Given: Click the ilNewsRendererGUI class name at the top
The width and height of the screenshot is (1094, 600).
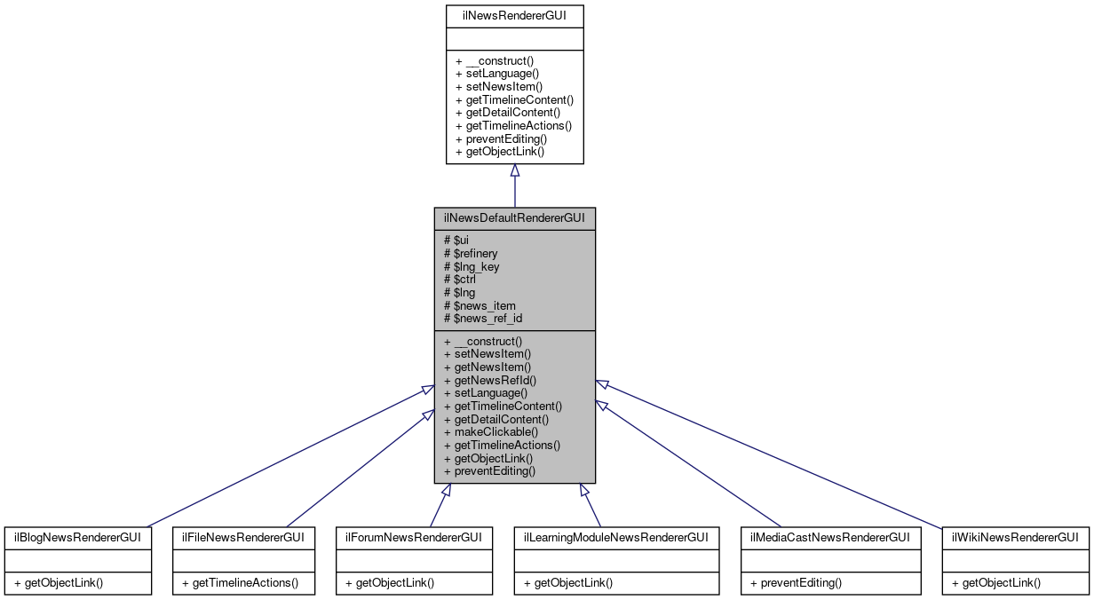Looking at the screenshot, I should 514,15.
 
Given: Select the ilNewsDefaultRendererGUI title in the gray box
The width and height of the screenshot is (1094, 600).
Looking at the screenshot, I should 514,218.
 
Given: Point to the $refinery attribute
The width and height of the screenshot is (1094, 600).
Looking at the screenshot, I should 470,253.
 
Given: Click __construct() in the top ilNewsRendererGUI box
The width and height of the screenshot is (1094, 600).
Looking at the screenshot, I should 494,61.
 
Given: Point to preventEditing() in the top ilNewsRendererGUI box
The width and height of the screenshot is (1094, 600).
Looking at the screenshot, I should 501,138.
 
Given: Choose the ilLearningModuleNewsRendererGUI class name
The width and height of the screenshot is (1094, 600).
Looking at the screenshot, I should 616,537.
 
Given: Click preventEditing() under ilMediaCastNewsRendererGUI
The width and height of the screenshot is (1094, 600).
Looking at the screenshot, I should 796,583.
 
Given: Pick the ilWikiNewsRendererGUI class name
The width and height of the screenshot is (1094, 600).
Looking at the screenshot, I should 1015,537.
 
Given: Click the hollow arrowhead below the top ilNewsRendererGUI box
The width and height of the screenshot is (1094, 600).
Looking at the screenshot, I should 514,170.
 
